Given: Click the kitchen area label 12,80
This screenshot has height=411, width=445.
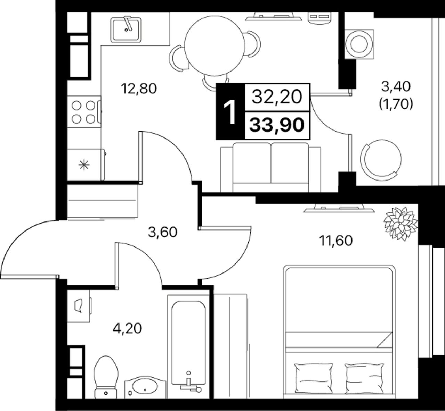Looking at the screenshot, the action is click(139, 89).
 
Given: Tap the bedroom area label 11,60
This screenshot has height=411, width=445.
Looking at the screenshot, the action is click(337, 241).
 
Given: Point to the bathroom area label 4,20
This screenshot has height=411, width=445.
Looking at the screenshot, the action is click(127, 328).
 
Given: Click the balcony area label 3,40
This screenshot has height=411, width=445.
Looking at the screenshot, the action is click(396, 86).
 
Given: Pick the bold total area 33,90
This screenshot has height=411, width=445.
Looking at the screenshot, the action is click(277, 125).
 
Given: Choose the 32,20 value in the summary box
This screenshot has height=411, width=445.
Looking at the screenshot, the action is click(277, 97).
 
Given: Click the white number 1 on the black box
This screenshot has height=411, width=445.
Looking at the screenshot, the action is click(230, 112).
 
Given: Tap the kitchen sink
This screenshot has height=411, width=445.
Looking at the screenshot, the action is click(126, 30).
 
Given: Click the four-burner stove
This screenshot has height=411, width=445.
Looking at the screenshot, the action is click(84, 112).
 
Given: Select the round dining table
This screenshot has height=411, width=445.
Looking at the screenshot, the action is click(215, 46).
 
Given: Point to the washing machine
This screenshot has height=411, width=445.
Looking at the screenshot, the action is click(359, 44).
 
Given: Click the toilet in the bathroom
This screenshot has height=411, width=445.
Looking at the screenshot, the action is click(106, 377).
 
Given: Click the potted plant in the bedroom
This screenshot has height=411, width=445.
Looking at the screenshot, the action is click(400, 224).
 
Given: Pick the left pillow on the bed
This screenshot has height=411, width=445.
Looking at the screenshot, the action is click(313, 379).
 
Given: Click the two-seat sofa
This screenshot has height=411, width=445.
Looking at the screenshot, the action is click(271, 167).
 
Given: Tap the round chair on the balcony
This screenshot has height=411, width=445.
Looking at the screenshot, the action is click(380, 160).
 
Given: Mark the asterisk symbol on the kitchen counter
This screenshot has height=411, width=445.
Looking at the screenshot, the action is click(84, 165).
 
